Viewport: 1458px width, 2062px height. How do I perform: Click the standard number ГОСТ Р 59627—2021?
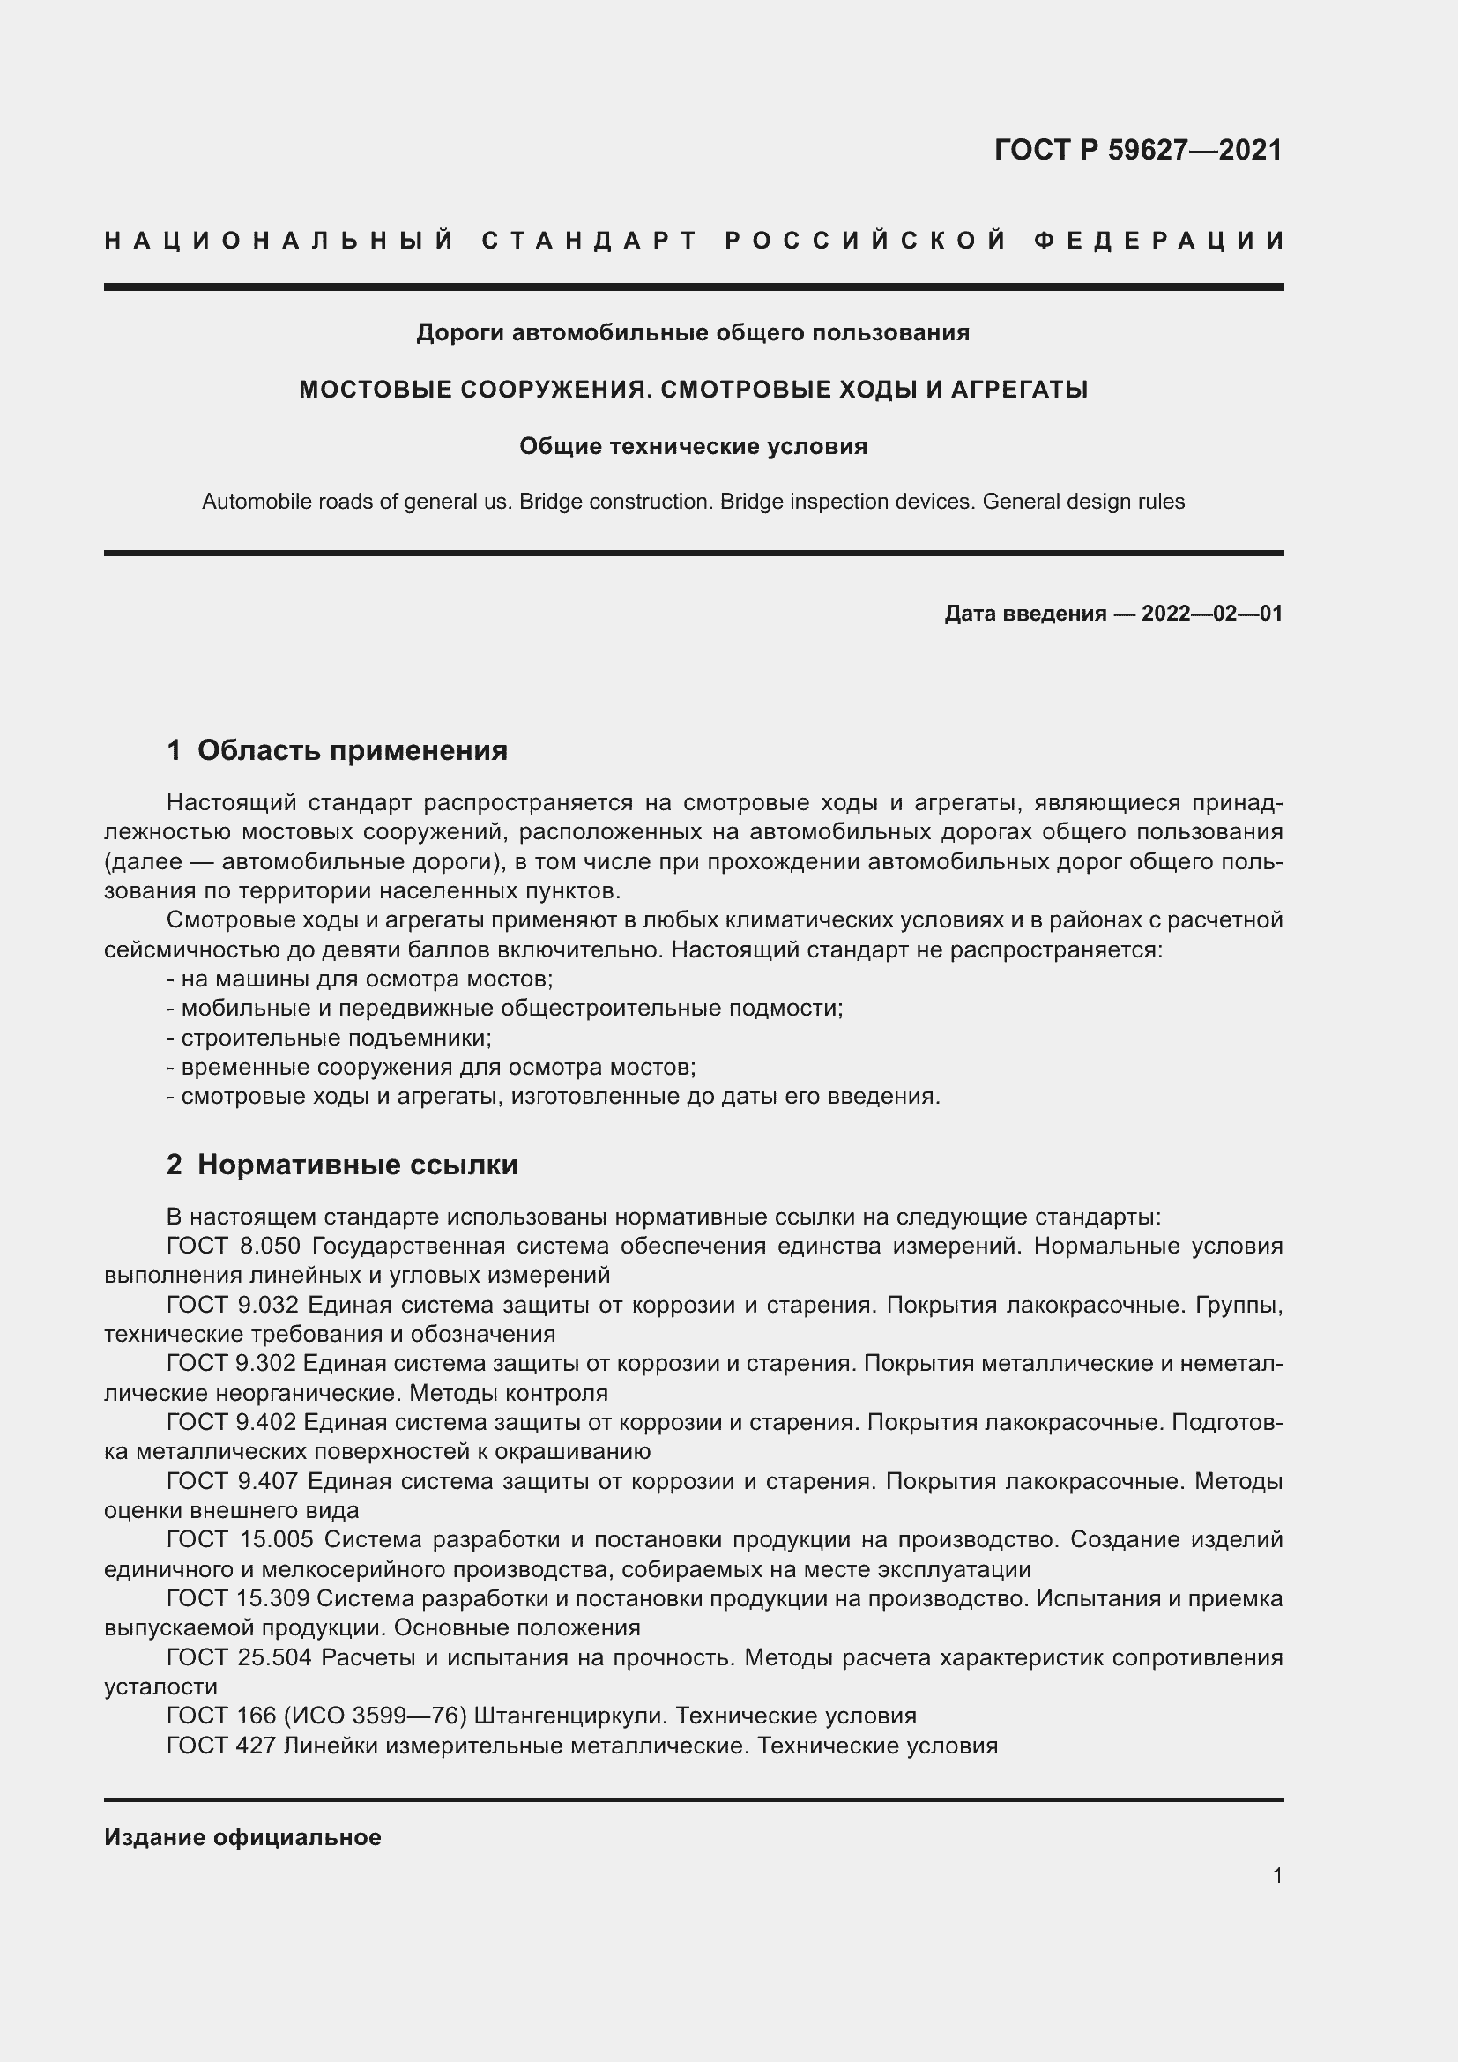[x=1137, y=150]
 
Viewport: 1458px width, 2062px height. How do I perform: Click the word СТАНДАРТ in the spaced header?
[x=591, y=241]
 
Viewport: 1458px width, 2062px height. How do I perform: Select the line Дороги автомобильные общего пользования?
[x=693, y=333]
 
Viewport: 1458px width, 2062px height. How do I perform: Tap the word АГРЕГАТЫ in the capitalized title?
[x=1019, y=390]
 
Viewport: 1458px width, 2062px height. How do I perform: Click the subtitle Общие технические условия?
[x=693, y=446]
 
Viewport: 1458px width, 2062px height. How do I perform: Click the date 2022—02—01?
[x=1211, y=614]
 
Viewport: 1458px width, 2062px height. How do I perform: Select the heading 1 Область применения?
[x=337, y=750]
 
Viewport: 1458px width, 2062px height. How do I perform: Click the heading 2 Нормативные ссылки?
[x=342, y=1165]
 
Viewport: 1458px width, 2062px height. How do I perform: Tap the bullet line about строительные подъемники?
[x=330, y=1038]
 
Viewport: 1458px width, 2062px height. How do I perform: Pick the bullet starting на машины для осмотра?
[x=360, y=979]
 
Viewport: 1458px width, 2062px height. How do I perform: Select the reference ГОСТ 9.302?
[x=231, y=1363]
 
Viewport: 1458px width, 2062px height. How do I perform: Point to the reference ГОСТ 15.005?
[x=240, y=1539]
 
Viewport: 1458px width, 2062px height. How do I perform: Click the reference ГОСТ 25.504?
[x=239, y=1657]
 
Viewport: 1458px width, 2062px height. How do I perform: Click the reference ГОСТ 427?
[x=221, y=1745]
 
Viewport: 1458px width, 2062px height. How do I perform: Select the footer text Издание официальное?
[x=242, y=1837]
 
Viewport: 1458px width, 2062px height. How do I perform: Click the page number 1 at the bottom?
[x=1277, y=1875]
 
